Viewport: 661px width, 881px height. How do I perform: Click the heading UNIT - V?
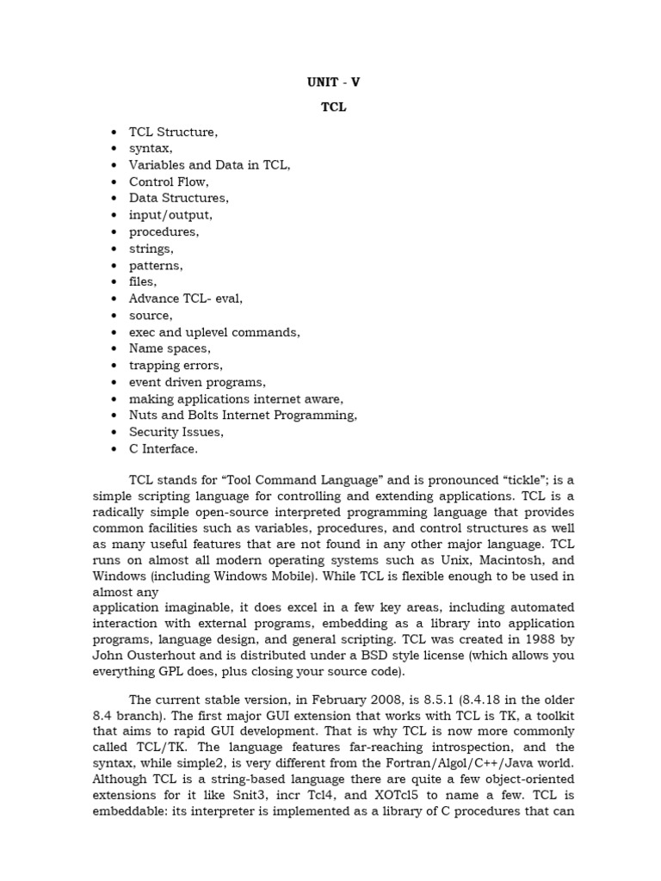tap(333, 83)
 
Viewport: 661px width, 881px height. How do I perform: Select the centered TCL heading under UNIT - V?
tap(333, 108)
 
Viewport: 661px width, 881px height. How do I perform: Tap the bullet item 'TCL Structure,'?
tap(174, 132)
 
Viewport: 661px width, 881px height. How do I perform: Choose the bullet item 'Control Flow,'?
tap(170, 182)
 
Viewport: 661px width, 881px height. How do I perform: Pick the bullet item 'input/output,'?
tap(170, 215)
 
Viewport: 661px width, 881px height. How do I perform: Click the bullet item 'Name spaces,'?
tap(170, 348)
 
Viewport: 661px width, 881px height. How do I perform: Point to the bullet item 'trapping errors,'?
tap(176, 365)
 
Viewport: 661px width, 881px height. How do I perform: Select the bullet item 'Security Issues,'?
tap(176, 432)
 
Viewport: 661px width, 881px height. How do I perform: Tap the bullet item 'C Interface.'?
tap(164, 448)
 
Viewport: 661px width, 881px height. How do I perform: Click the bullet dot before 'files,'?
tap(114, 282)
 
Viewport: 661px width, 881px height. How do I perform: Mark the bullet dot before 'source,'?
tap(114, 316)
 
